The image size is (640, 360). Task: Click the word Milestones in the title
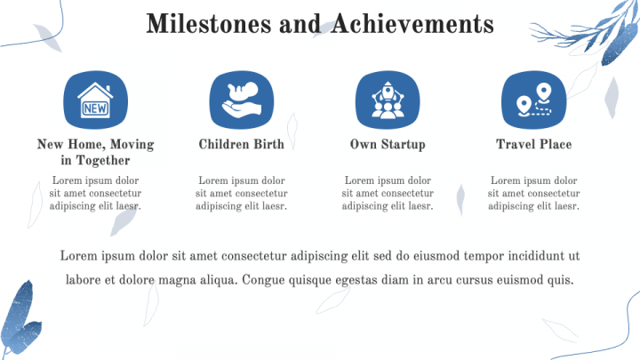[x=209, y=24]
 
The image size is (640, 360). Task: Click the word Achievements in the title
[x=412, y=24]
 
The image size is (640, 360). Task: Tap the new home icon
[x=95, y=100]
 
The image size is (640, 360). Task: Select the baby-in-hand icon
[x=242, y=100]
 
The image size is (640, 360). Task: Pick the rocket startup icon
[x=388, y=100]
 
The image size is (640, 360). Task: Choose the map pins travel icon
[x=534, y=100]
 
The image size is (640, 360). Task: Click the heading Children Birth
[x=242, y=144]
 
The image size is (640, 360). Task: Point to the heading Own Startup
[x=388, y=145]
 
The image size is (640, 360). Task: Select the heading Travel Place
[x=534, y=144]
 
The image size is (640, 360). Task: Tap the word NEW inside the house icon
[x=95, y=108]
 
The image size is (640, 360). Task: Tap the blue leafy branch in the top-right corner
[x=592, y=33]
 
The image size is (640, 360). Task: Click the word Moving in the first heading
[x=132, y=145]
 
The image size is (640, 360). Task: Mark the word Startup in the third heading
[x=404, y=145]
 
